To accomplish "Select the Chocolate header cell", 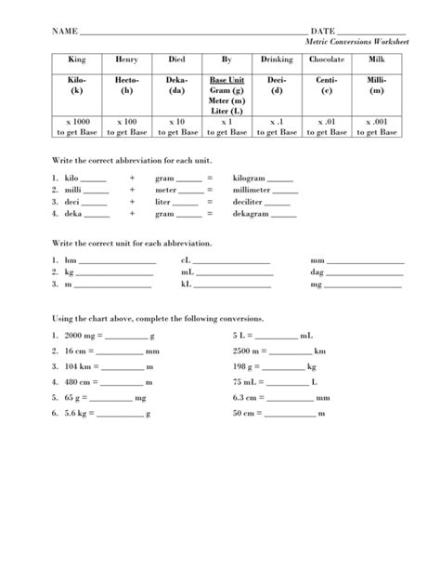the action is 325,60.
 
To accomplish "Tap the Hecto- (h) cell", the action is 126,86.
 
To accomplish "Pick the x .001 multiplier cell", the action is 375,123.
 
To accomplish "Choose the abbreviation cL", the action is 187,261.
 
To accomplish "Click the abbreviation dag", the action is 317,273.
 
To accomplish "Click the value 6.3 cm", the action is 243,398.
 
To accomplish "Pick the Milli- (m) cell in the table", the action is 375,86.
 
